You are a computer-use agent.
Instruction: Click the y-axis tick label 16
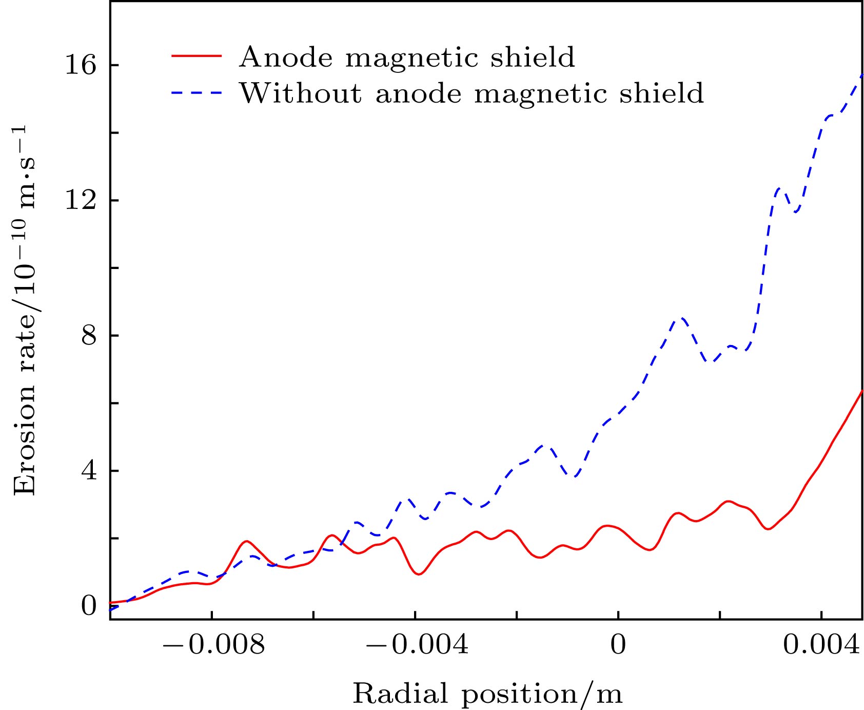(x=81, y=66)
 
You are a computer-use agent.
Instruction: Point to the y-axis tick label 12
(x=81, y=201)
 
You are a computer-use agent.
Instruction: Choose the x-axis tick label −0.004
(x=417, y=645)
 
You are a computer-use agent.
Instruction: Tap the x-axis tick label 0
(x=618, y=645)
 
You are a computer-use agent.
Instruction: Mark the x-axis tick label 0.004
(x=821, y=645)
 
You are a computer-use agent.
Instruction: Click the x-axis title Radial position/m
(x=487, y=694)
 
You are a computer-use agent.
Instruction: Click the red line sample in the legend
(x=197, y=55)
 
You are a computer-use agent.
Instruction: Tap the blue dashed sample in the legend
(x=197, y=93)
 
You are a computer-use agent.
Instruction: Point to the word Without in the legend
(x=300, y=93)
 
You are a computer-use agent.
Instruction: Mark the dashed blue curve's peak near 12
(x=779, y=189)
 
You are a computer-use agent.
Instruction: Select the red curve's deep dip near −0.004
(x=419, y=574)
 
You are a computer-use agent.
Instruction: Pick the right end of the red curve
(x=862, y=391)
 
